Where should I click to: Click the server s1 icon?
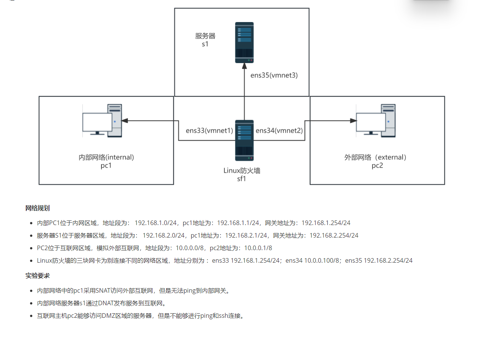click(244, 43)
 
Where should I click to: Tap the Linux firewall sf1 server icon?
click(244, 140)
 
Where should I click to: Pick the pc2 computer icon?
click(376, 121)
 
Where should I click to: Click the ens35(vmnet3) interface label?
click(274, 75)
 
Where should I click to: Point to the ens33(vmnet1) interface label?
click(209, 131)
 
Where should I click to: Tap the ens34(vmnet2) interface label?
click(279, 131)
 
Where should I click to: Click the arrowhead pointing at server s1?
click(244, 67)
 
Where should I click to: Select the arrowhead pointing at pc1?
click(125, 121)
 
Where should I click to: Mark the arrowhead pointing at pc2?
click(353, 121)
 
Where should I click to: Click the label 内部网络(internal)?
click(106, 157)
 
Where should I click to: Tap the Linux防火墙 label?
click(242, 171)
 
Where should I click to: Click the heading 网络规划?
click(37, 208)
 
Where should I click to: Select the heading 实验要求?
click(37, 276)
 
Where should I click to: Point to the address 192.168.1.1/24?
click(238, 223)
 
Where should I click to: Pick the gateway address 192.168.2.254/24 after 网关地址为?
click(334, 235)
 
